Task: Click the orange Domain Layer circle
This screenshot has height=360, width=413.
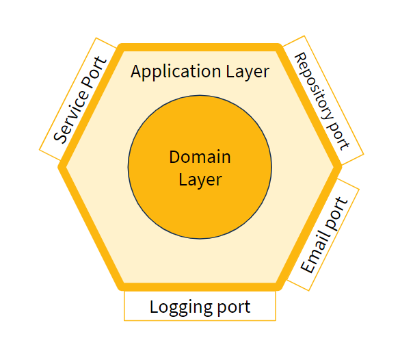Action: (x=200, y=205)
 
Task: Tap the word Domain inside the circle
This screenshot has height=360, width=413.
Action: (x=200, y=157)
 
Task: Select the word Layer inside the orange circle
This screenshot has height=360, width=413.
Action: (x=200, y=179)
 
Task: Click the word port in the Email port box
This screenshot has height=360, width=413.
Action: (x=338, y=211)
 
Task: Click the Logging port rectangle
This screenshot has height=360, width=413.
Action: (x=200, y=306)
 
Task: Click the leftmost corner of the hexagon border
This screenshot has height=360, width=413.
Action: (x=62, y=166)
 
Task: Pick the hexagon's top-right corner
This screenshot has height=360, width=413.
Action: (x=278, y=48)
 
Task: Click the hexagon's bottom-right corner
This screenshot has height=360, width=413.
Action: (x=278, y=285)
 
